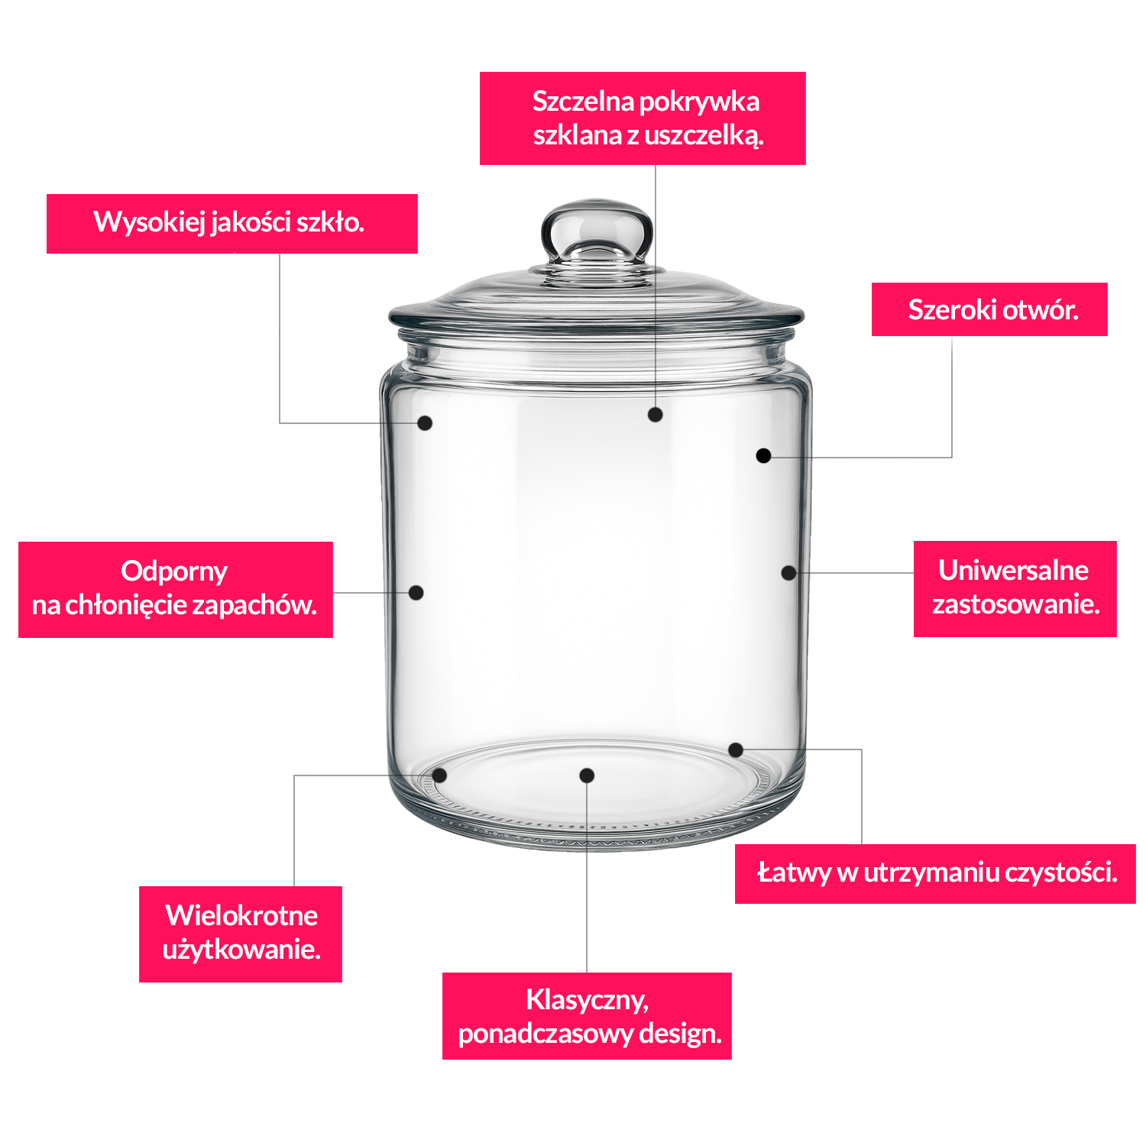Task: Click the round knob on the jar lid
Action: click(597, 232)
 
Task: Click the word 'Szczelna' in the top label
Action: click(582, 101)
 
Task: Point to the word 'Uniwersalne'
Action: click(1013, 570)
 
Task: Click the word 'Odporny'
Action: click(174, 571)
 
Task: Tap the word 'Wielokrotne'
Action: click(241, 915)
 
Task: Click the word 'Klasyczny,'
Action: click(587, 1000)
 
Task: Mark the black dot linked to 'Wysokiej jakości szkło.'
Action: click(425, 422)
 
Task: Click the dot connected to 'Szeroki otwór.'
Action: click(763, 455)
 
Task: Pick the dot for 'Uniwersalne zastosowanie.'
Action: click(788, 572)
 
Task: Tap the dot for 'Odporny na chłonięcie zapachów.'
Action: click(416, 592)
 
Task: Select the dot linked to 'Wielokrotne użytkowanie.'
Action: click(439, 775)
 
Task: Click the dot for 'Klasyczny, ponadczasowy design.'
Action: click(587, 775)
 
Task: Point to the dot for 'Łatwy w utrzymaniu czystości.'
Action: click(736, 749)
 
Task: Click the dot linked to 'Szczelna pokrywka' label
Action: click(655, 414)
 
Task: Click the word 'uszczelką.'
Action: click(704, 135)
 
